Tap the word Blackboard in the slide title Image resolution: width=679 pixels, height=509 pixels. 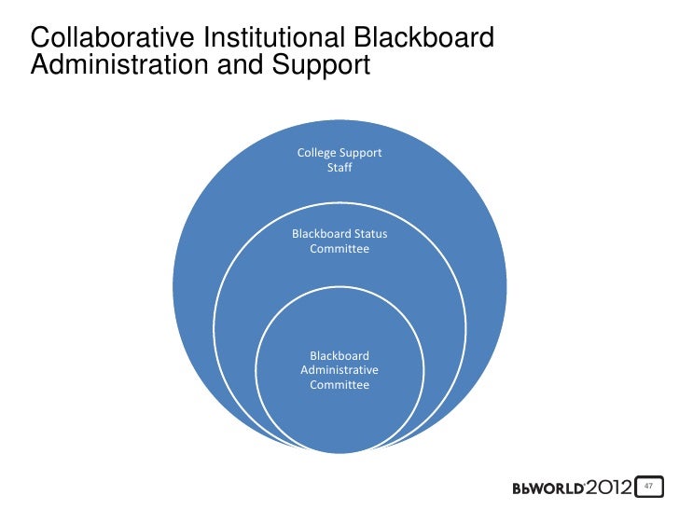click(424, 38)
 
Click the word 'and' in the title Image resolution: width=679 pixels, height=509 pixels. click(242, 67)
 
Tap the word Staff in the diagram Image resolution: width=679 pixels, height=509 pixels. click(339, 168)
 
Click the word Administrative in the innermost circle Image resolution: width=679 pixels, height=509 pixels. click(339, 370)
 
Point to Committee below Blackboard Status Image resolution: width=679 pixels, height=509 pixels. click(339, 249)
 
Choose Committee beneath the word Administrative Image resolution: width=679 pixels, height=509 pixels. click(339, 385)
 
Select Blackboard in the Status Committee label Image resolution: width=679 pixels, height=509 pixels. click(321, 233)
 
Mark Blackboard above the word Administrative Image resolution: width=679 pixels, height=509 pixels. click(339, 355)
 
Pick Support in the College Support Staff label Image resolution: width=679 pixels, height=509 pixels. click(361, 152)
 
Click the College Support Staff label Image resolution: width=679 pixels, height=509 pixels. click(339, 159)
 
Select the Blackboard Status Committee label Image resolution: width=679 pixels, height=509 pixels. click(339, 241)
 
